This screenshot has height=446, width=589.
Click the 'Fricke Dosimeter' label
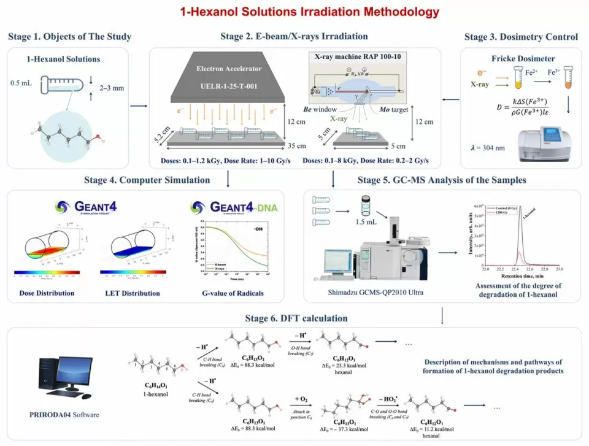click(512, 60)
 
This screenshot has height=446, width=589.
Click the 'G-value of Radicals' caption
click(233, 293)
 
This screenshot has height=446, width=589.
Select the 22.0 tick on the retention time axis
click(485, 269)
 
